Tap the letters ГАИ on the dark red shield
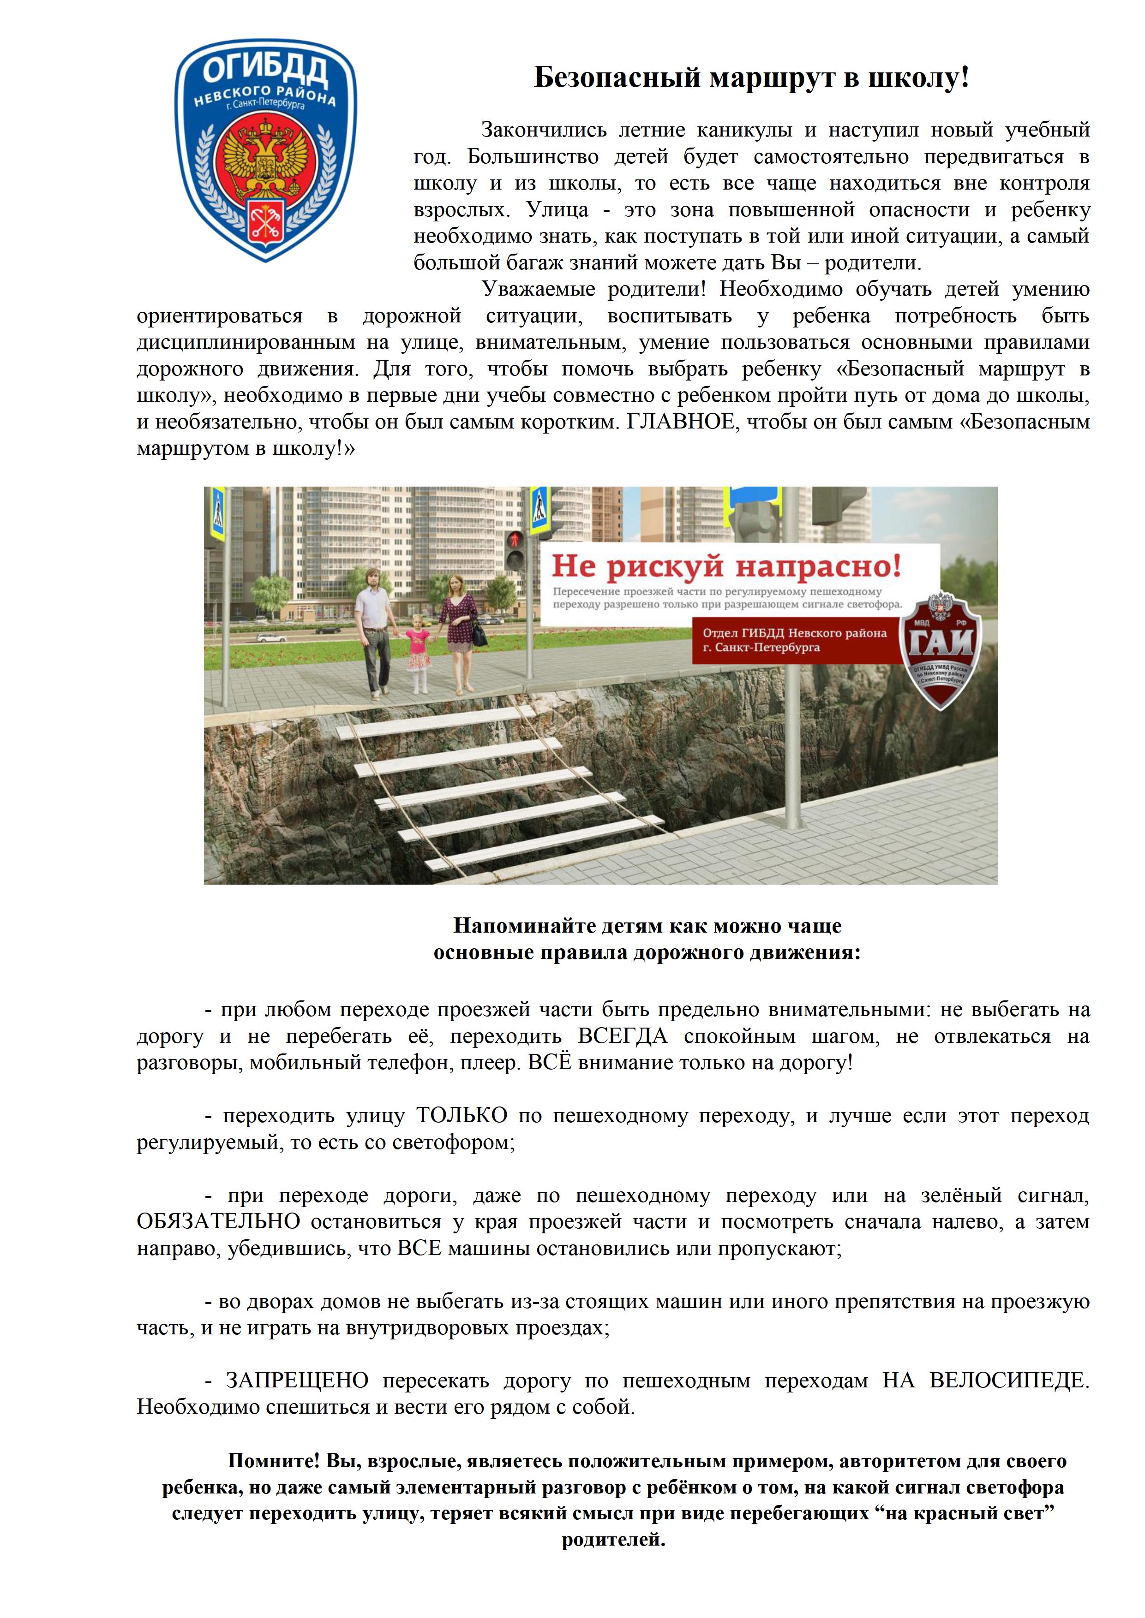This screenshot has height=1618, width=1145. (x=942, y=642)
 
